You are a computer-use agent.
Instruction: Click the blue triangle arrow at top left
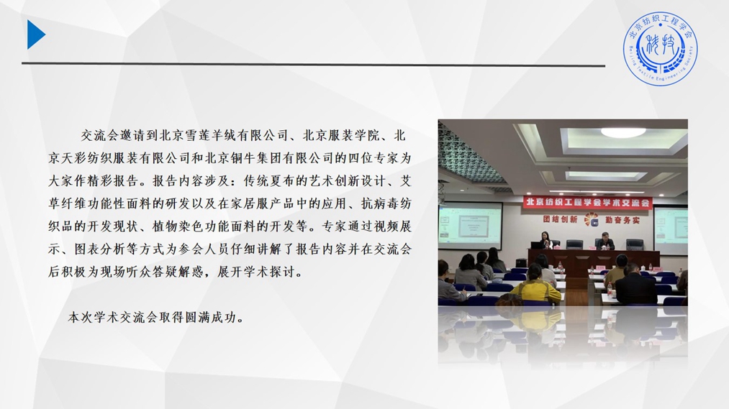(35, 35)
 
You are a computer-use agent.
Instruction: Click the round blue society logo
(660, 49)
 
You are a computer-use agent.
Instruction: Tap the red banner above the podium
(588, 203)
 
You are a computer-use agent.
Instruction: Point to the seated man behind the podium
(605, 241)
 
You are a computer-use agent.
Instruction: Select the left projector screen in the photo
(471, 225)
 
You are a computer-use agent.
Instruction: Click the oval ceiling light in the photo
(623, 132)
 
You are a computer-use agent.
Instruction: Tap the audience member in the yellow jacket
(536, 285)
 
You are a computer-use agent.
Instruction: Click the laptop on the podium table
(537, 245)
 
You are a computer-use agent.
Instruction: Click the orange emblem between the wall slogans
(591, 219)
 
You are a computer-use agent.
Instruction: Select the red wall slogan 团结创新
(560, 219)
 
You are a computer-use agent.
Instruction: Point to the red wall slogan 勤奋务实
(622, 220)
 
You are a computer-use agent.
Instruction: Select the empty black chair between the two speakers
(575, 244)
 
